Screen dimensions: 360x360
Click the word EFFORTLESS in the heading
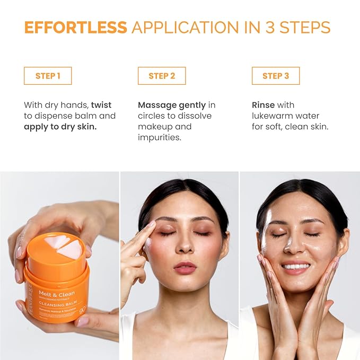[75, 27]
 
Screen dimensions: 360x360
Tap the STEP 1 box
[48, 76]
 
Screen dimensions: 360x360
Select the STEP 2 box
[162, 76]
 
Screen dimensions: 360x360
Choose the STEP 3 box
[276, 76]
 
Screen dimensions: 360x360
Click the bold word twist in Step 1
[101, 105]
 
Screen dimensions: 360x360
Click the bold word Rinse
[264, 105]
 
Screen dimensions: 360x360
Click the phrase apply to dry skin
[60, 127]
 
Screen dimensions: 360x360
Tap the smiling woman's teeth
[296, 266]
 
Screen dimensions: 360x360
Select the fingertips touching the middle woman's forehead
[150, 226]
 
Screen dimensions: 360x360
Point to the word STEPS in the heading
[304, 27]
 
